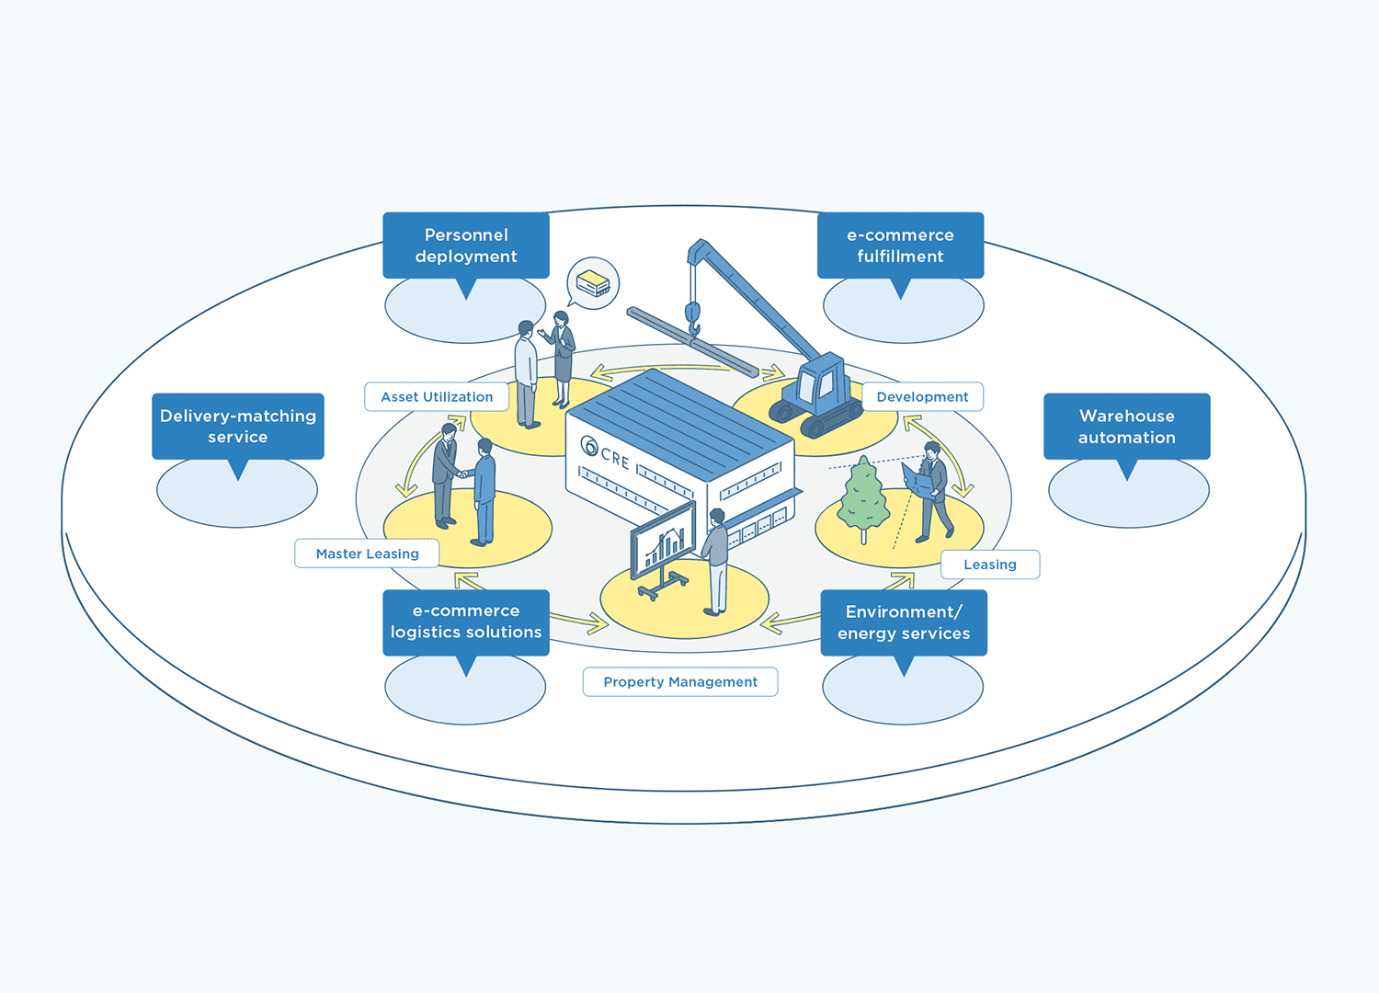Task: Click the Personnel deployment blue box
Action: [465, 245]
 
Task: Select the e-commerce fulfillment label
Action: [900, 245]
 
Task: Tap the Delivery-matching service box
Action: [237, 426]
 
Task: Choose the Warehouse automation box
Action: [1126, 426]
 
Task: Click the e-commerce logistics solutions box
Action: [465, 622]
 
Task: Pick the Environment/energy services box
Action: [903, 622]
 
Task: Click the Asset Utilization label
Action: [437, 396]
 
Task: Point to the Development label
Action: [922, 396]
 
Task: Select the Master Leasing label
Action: [367, 554]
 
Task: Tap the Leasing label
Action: [989, 565]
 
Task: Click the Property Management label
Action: [680, 681]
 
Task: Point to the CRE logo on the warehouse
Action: [605, 453]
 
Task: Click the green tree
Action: [863, 497]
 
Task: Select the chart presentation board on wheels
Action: [662, 547]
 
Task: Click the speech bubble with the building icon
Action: [593, 282]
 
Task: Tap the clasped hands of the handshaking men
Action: [464, 474]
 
